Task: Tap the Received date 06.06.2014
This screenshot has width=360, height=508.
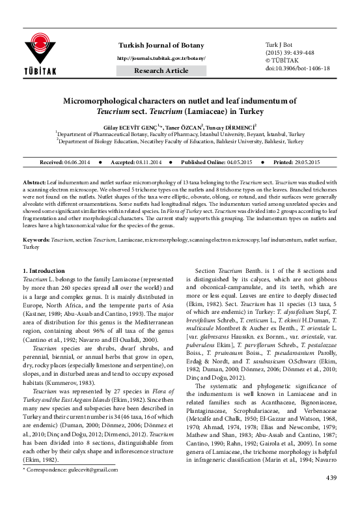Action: coord(82,161)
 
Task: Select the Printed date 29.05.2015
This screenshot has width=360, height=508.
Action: coord(302,161)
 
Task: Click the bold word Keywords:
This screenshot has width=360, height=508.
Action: coord(36,240)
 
